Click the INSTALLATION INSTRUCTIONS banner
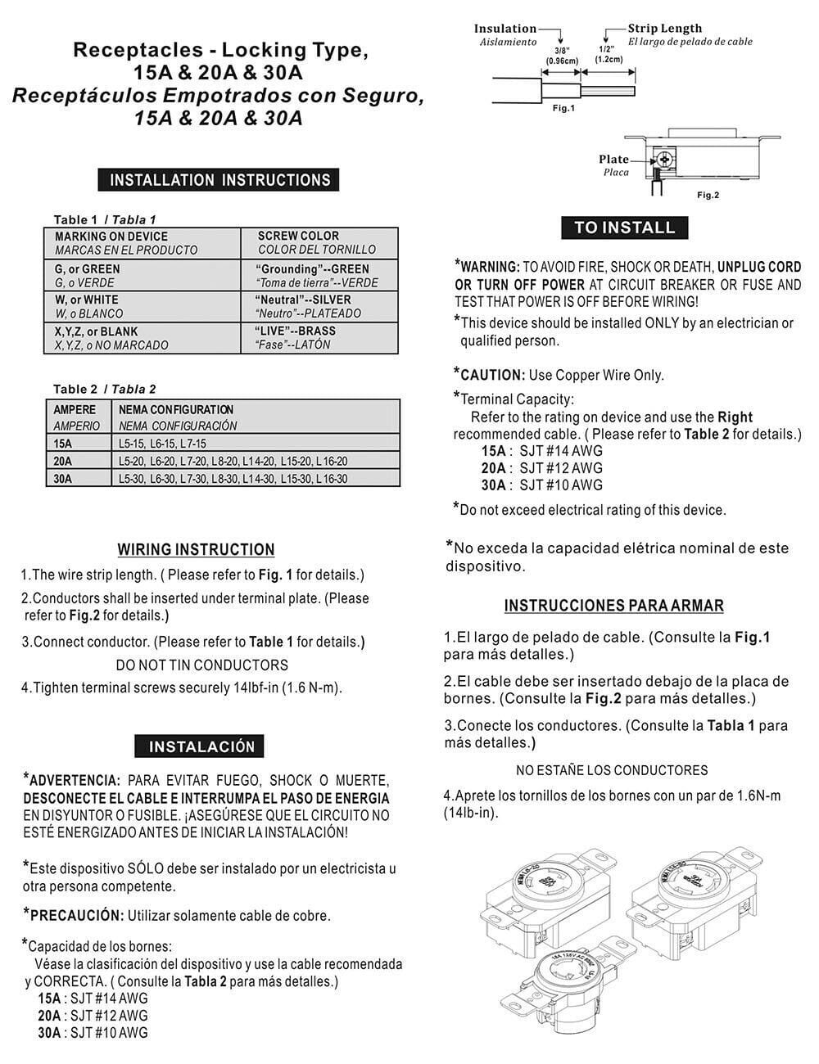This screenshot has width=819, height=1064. (x=219, y=180)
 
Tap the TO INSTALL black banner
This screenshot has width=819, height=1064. (x=624, y=228)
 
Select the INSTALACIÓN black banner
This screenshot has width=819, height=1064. (x=201, y=746)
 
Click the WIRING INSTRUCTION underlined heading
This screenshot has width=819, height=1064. (x=196, y=550)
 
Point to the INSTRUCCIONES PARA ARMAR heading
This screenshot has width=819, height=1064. (x=613, y=606)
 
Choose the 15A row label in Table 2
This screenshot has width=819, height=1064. (x=63, y=444)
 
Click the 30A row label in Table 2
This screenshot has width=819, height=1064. (x=63, y=479)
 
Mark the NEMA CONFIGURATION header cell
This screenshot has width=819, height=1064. (x=176, y=409)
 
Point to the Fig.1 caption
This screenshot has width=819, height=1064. (x=563, y=108)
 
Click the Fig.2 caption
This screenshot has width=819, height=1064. (x=708, y=195)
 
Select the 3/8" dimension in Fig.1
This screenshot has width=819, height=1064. (x=562, y=50)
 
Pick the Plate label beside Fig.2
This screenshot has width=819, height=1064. (x=613, y=160)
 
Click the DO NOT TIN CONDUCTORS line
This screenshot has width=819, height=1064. (x=201, y=665)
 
